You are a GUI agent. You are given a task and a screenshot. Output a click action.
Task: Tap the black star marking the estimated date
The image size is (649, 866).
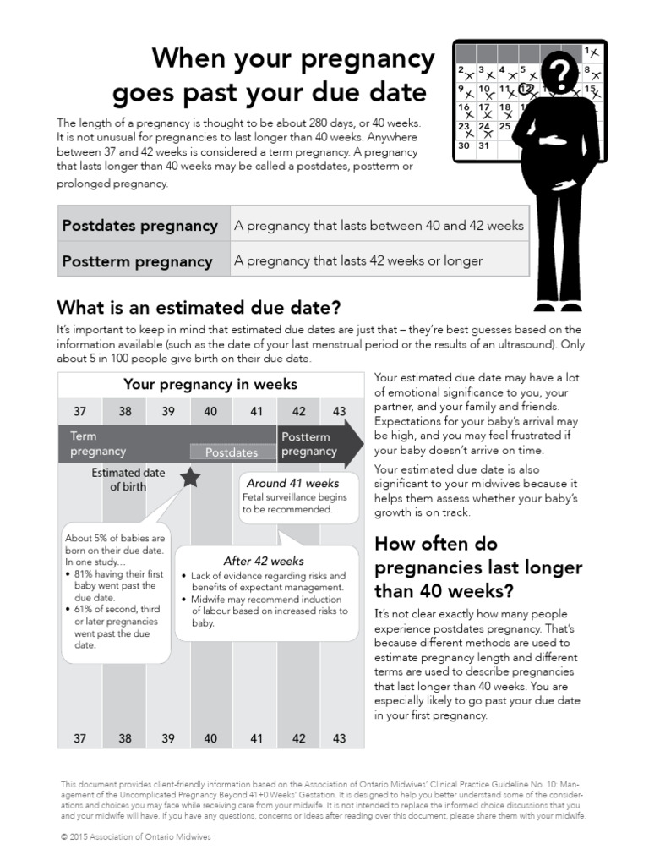(x=191, y=478)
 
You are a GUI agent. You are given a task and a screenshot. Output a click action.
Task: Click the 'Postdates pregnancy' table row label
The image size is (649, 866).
(x=139, y=226)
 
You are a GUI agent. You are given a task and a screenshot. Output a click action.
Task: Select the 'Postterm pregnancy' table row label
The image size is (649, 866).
(x=137, y=261)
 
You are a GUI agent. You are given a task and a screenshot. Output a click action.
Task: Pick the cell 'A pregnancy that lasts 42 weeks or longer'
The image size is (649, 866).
(x=358, y=260)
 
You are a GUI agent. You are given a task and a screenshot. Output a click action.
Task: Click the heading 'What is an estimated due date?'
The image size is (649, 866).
(x=199, y=306)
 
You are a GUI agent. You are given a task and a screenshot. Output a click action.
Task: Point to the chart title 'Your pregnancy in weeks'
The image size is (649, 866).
(x=210, y=384)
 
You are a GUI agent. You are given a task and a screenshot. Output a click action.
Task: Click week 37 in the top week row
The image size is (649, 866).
(x=80, y=411)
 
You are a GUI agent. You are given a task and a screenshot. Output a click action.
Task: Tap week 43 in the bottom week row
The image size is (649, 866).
(x=340, y=738)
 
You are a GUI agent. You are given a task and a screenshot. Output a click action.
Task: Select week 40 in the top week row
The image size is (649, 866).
(x=210, y=411)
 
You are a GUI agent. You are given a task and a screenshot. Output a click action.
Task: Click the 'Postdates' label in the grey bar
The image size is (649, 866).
(x=232, y=452)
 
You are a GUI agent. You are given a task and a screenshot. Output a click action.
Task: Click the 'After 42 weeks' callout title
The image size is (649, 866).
(x=264, y=561)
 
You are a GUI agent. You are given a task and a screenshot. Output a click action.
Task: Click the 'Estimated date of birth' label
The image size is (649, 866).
(x=128, y=480)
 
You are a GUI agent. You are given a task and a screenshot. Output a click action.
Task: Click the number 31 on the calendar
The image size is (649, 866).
(x=483, y=145)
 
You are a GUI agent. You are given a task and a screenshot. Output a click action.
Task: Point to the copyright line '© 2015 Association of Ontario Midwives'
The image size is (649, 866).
(x=136, y=836)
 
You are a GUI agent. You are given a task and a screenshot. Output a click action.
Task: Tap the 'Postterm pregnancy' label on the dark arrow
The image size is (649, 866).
(x=309, y=444)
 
